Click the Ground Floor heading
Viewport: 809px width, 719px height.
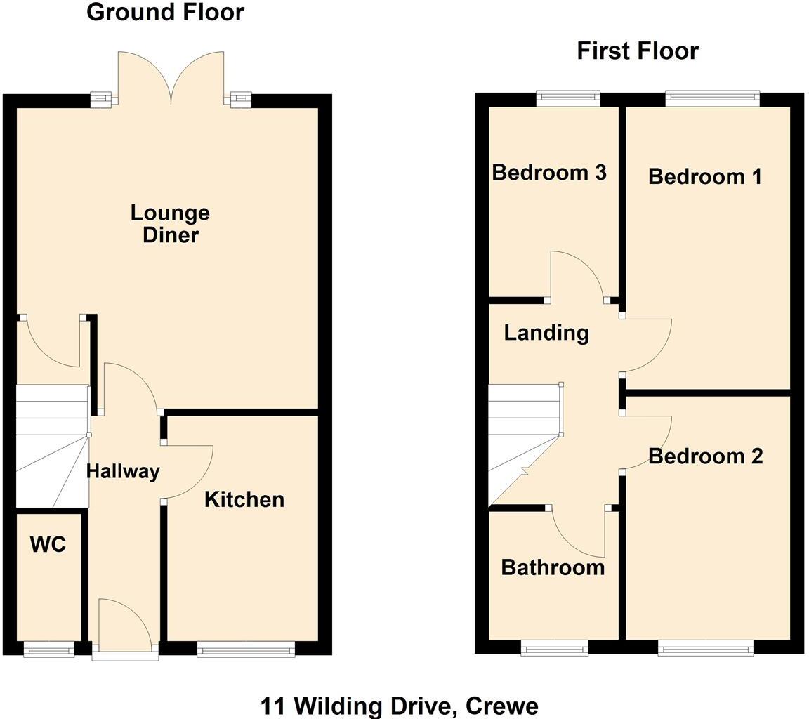[x=165, y=12]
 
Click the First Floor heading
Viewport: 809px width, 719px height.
[x=638, y=51]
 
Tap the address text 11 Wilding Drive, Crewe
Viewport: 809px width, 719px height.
[x=400, y=705]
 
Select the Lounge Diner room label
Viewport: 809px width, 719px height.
[x=170, y=223]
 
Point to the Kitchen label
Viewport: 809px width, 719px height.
[x=244, y=499]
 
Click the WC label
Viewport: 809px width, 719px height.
[x=48, y=544]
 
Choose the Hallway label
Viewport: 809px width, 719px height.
[x=123, y=471]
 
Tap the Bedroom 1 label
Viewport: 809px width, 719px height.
[x=704, y=176]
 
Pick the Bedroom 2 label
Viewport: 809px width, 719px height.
[x=705, y=456]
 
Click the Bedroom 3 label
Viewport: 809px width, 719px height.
[x=549, y=172]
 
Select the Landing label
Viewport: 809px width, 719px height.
[x=546, y=332]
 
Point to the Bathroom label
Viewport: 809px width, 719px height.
[x=553, y=567]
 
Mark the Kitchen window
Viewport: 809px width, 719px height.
[x=246, y=650]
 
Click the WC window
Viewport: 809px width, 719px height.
[x=48, y=650]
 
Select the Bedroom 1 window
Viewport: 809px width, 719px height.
[x=712, y=98]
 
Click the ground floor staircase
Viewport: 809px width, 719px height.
[x=52, y=446]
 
